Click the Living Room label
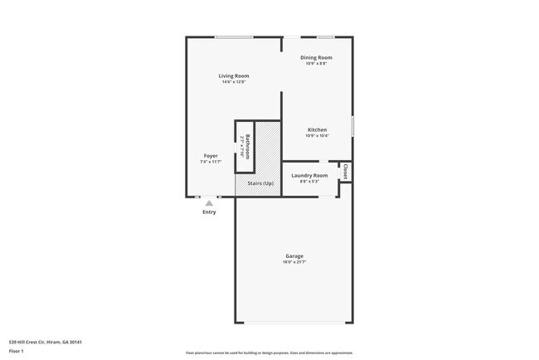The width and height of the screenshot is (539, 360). point(234,75)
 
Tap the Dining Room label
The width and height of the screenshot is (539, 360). point(316,57)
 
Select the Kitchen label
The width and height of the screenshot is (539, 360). point(318,130)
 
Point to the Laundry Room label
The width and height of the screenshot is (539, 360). point(309,175)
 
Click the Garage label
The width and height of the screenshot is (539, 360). point(295,256)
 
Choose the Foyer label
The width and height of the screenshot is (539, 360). point(211,156)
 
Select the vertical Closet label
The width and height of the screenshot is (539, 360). point(345,171)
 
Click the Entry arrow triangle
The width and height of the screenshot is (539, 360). point(209,203)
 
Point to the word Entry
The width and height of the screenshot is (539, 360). point(209,212)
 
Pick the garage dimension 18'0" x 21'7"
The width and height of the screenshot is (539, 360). point(295,262)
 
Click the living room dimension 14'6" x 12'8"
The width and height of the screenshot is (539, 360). point(234,81)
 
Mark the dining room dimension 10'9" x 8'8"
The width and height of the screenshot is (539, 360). point(316,63)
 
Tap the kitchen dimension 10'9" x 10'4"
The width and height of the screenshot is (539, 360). point(318,136)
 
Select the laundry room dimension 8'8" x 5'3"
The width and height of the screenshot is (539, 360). point(309,181)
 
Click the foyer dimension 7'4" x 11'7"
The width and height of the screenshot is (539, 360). point(211,162)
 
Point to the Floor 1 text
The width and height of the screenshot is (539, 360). point(17,351)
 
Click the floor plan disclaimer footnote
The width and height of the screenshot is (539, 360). point(269,352)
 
